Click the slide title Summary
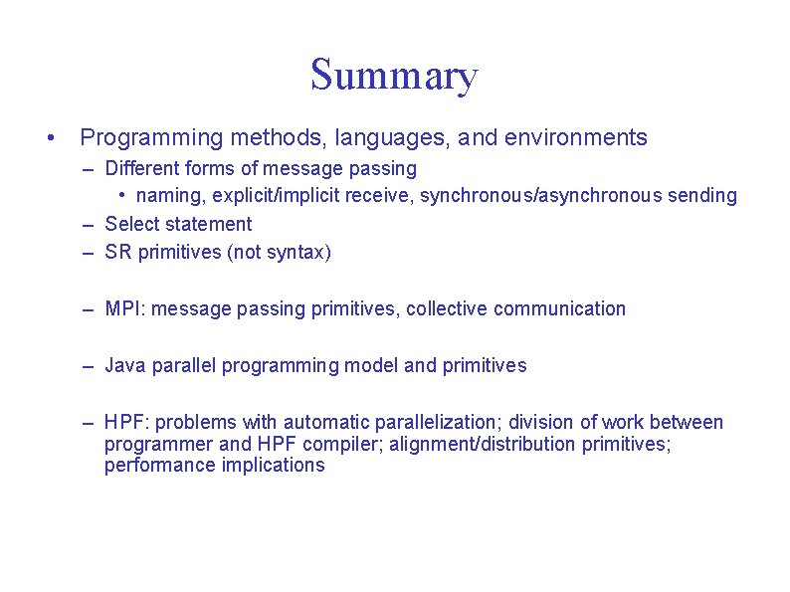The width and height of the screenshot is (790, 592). click(x=394, y=76)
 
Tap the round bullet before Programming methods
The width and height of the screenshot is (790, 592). click(x=49, y=137)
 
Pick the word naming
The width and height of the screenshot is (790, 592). click(x=169, y=195)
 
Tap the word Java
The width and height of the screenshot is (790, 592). click(x=124, y=365)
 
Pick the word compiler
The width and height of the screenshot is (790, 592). click(x=341, y=444)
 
